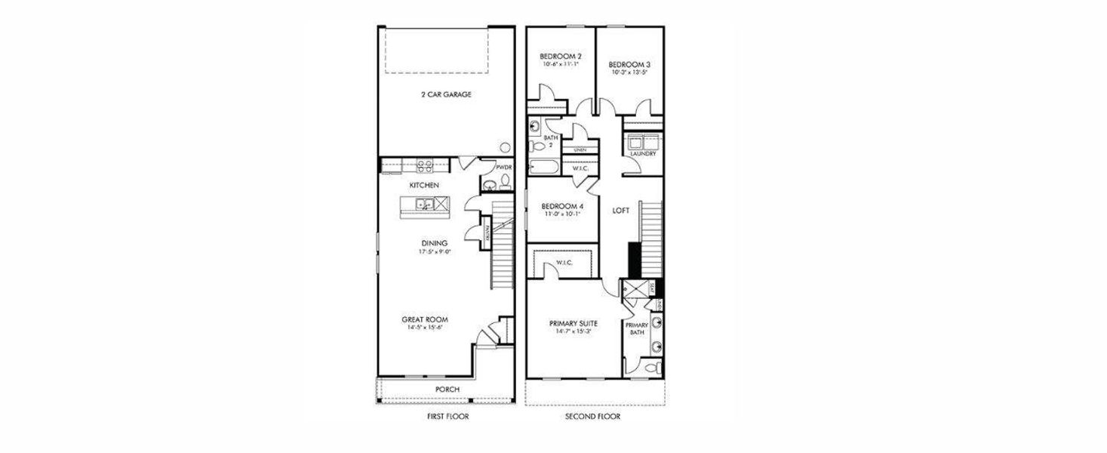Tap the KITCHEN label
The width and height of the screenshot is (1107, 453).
(x=423, y=185)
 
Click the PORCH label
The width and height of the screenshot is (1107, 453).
(x=447, y=390)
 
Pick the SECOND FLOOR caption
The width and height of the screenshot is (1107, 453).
(x=593, y=416)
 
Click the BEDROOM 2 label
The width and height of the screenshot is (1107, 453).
(x=560, y=57)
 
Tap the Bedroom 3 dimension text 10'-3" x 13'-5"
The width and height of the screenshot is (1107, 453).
(x=629, y=73)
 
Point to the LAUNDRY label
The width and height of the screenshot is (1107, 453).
(x=643, y=154)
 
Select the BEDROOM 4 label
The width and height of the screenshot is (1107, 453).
(x=561, y=206)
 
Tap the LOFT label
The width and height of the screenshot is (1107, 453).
(x=620, y=211)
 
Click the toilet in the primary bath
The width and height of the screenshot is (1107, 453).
(x=653, y=368)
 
